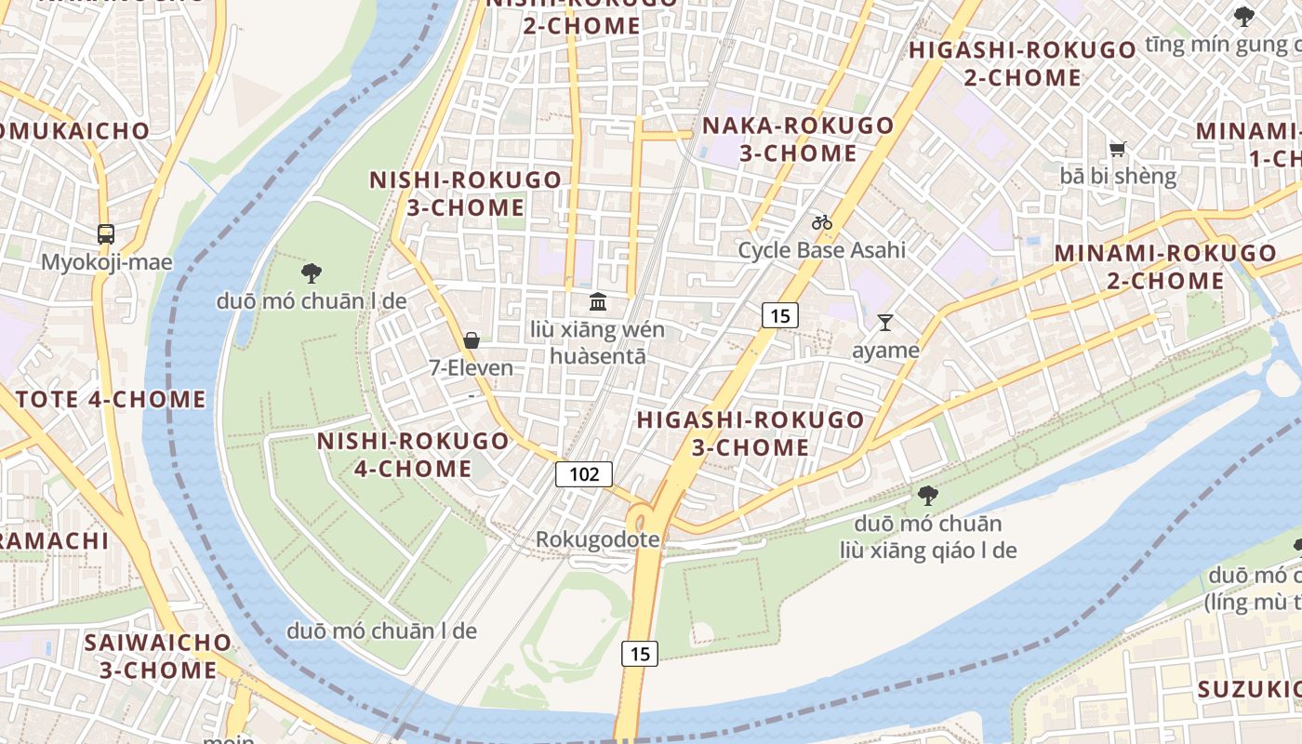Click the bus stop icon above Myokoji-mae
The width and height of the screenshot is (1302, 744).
point(106,233)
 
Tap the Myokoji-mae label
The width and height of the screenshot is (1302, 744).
point(106,262)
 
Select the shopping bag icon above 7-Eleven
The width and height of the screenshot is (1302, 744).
point(472,340)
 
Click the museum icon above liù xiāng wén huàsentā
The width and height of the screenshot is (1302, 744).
point(598,301)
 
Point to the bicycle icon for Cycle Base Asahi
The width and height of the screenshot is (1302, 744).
point(821,222)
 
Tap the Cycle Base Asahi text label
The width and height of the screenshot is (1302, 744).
point(821,250)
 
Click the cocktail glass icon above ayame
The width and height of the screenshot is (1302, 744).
point(884,323)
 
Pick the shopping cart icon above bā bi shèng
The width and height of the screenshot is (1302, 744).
point(1118,149)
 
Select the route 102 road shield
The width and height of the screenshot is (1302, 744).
point(584,474)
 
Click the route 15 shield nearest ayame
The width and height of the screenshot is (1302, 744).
point(779,316)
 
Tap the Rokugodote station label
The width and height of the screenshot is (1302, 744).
point(597,539)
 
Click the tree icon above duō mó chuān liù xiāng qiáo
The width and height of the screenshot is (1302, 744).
point(927,495)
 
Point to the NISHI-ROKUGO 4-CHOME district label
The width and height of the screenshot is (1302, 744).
point(413,454)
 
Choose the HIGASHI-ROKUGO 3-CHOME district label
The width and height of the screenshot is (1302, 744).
point(751,433)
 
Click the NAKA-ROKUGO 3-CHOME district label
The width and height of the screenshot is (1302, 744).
point(798,139)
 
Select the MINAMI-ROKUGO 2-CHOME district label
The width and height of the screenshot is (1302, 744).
point(1165,266)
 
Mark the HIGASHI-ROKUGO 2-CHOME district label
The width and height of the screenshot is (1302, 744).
point(1022,63)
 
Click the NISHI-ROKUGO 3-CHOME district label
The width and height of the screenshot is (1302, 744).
point(465,193)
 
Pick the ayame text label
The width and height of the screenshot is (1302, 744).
point(885,351)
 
